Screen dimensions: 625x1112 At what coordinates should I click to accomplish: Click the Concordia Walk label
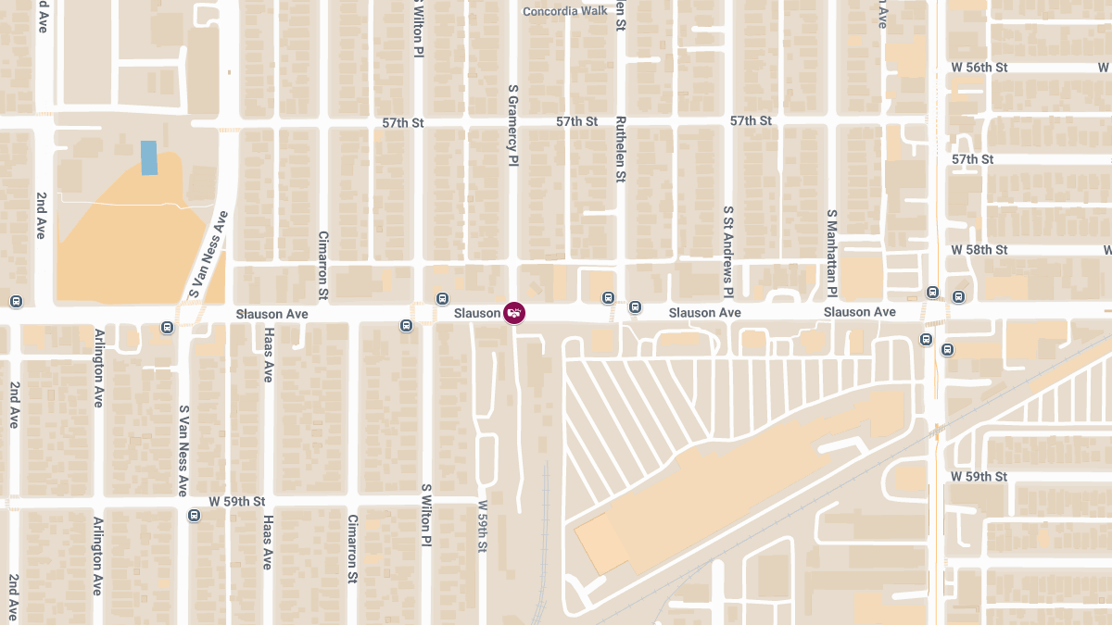pos(564,11)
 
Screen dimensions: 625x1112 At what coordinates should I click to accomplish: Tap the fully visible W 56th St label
pos(979,68)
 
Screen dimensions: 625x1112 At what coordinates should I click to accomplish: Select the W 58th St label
pos(979,250)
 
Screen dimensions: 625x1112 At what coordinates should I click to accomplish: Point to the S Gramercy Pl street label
pos(512,126)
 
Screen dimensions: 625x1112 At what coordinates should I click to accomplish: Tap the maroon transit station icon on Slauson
pos(514,313)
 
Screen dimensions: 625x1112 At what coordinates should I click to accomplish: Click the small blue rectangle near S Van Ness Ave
pos(148,157)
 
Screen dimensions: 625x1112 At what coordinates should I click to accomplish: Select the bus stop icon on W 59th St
pos(194,515)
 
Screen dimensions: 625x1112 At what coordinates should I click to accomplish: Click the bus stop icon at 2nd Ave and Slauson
pos(16,302)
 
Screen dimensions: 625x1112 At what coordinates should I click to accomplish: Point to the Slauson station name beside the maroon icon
pos(477,313)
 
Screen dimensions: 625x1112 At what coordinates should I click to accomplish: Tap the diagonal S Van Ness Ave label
pos(208,254)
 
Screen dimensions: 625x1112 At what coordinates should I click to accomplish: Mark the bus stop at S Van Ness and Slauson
pos(167,327)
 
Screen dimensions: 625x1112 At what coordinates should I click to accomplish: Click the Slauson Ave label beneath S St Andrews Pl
pos(705,313)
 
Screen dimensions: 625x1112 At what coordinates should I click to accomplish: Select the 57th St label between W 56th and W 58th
pos(973,159)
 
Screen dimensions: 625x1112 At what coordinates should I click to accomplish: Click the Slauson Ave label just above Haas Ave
pos(272,315)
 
